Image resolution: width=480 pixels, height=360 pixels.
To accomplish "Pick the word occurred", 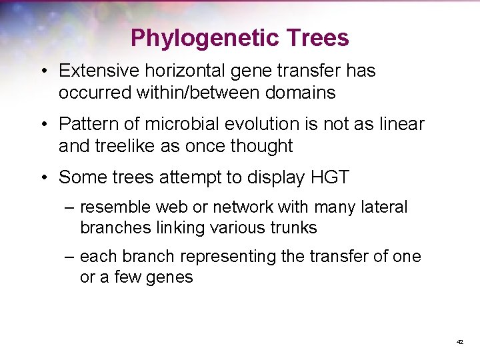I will (95, 93).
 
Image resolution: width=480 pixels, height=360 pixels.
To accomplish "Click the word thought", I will (263, 146).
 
